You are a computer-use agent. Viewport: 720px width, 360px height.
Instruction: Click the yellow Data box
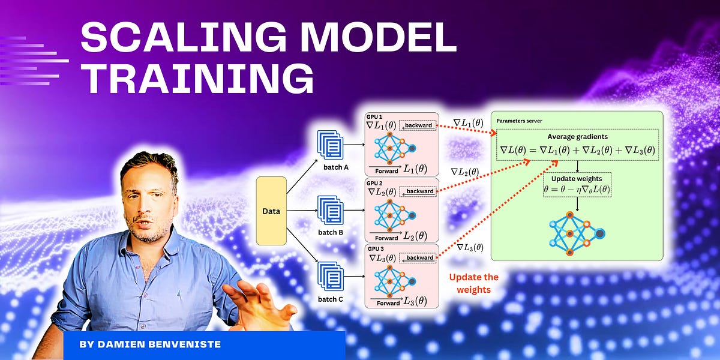(x=271, y=211)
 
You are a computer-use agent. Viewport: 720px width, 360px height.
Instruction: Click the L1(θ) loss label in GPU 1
(x=416, y=169)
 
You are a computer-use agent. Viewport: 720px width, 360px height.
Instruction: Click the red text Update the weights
(x=473, y=283)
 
